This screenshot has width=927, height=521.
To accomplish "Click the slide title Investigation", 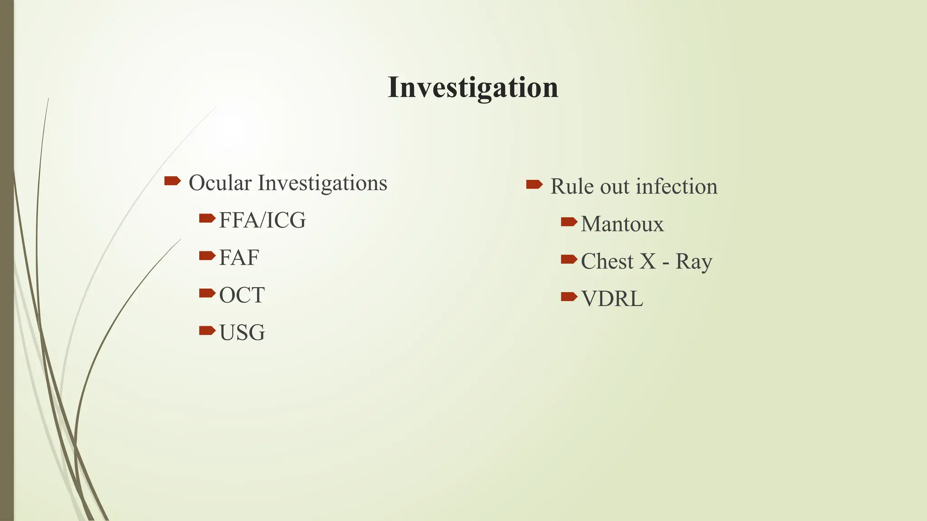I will [473, 87].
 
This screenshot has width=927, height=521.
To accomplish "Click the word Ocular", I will [220, 183].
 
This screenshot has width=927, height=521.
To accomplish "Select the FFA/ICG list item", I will [262, 221].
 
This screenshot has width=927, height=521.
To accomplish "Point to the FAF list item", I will [239, 258].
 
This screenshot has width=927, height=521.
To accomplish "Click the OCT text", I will [242, 295].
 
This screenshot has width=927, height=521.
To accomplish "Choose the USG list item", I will [242, 333].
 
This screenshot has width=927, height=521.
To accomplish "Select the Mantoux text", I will [622, 224].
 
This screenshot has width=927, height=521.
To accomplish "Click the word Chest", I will [607, 261].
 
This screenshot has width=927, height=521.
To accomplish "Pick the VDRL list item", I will [612, 299].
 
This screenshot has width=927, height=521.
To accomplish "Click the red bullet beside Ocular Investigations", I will [172, 181].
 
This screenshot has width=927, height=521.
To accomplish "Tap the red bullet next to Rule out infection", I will [534, 184].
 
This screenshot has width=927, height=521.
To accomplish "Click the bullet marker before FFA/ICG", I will [207, 219].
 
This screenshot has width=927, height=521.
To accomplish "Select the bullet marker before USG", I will [207, 331].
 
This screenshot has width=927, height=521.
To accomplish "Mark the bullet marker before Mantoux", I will [569, 222].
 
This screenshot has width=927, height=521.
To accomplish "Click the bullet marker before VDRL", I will [569, 297].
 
